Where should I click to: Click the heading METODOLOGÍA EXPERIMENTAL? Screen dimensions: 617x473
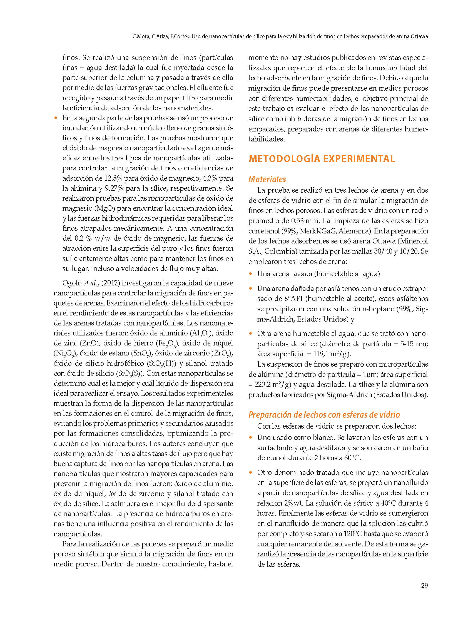point(322,159)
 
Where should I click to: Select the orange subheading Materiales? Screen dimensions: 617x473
point(267,179)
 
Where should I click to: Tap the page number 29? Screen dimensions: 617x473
point(424,586)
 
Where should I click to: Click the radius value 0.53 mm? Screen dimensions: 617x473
point(304,221)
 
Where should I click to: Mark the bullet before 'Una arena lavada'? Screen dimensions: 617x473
point(251,274)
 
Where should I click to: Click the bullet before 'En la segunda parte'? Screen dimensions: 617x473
point(56,118)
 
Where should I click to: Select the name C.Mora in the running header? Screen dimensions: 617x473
point(141,37)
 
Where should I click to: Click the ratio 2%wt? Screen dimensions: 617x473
point(293,503)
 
